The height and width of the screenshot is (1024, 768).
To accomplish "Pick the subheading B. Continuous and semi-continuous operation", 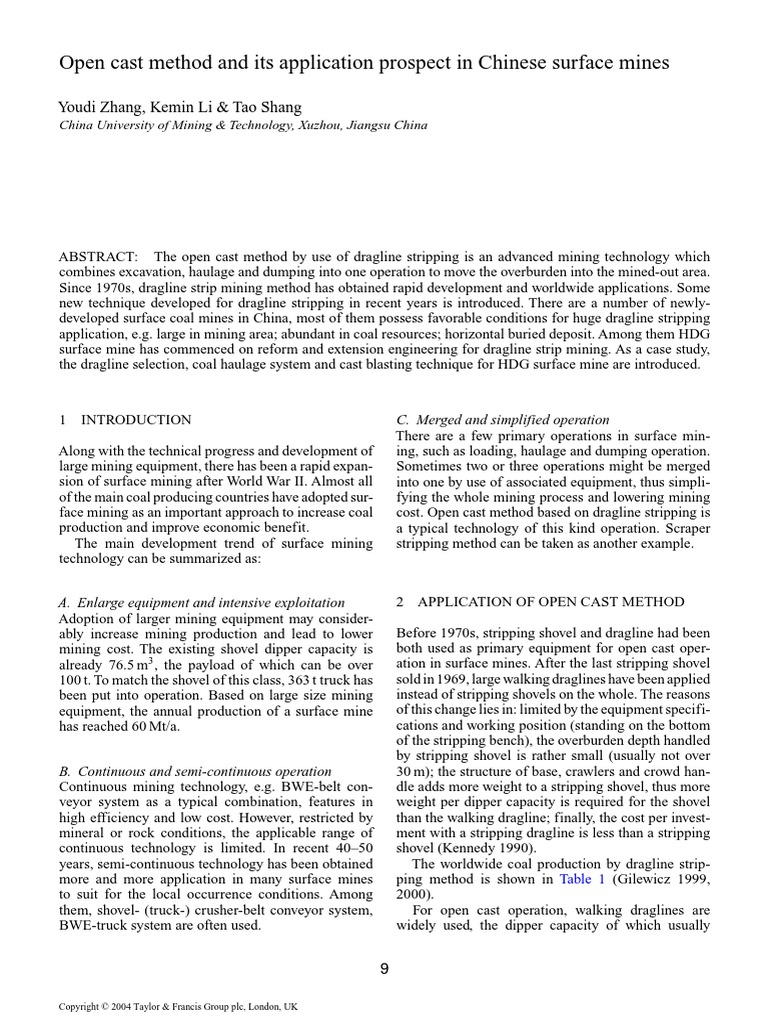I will click(x=195, y=771).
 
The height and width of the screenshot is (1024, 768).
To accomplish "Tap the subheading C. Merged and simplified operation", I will click(x=503, y=419).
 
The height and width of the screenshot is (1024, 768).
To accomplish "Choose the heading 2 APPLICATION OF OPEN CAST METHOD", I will click(x=540, y=601).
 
